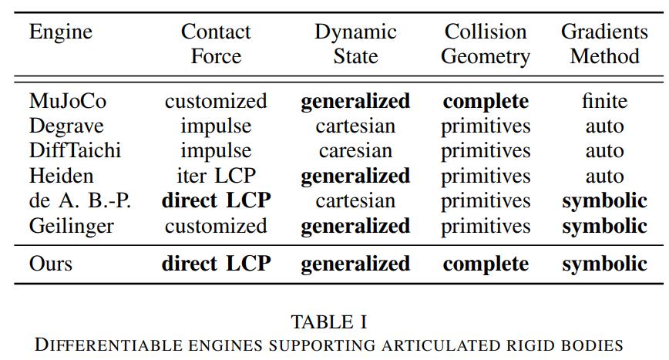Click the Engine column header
(x=60, y=32)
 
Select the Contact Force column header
(x=216, y=44)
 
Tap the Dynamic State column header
(x=355, y=44)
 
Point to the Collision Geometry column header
(x=486, y=44)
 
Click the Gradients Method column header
(x=604, y=44)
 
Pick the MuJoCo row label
(x=67, y=101)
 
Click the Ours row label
(x=51, y=264)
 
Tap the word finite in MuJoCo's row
(x=605, y=101)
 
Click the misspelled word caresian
(x=355, y=150)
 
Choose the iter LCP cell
(x=216, y=176)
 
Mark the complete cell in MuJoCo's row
(x=486, y=101)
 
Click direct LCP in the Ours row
(x=216, y=264)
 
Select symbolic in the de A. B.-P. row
(x=604, y=201)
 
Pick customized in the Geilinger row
(x=216, y=226)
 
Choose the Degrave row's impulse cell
(x=216, y=126)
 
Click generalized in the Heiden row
(x=355, y=176)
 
